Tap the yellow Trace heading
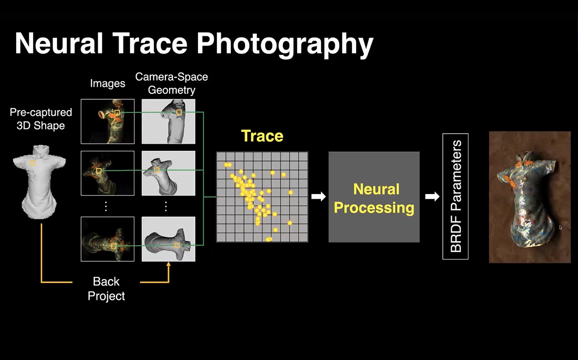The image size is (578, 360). (x=262, y=136)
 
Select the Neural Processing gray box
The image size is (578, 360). (x=374, y=197)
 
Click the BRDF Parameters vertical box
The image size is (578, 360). (x=455, y=196)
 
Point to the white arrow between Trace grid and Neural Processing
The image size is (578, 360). (x=318, y=196)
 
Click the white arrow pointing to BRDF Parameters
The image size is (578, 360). (x=432, y=196)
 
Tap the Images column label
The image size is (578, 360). (x=108, y=83)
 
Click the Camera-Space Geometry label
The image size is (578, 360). (x=171, y=83)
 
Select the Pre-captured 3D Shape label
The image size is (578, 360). (x=41, y=119)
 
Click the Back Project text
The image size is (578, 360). (x=106, y=288)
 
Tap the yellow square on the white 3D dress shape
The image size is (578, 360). (x=33, y=163)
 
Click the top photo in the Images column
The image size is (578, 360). (x=108, y=121)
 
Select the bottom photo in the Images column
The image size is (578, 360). (x=108, y=239)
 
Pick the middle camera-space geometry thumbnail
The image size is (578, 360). (x=169, y=173)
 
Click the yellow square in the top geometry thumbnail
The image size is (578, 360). (x=179, y=112)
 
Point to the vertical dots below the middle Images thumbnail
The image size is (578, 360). (x=106, y=207)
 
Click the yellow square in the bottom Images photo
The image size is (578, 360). (x=114, y=246)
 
